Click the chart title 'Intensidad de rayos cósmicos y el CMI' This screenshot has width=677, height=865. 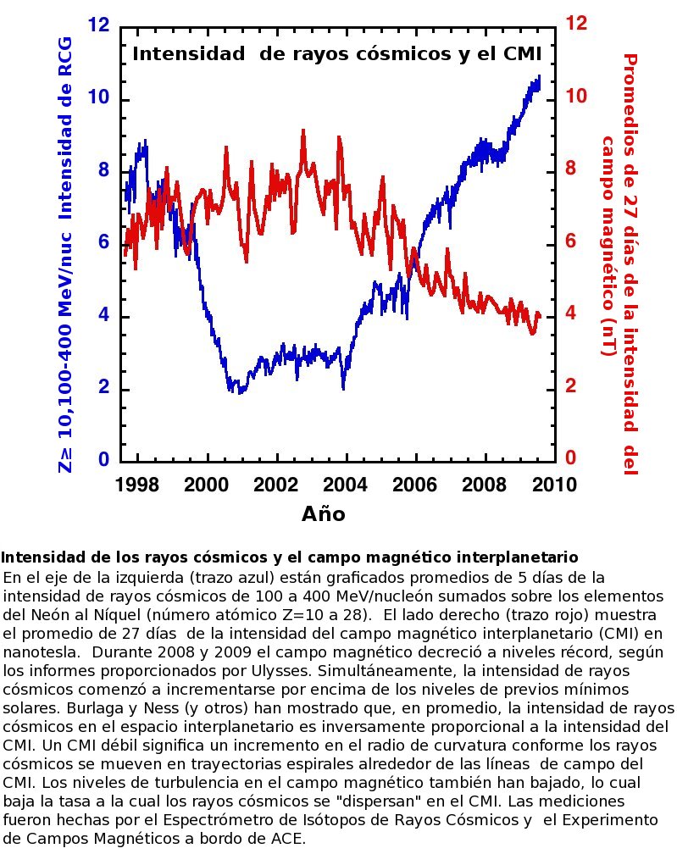[336, 55]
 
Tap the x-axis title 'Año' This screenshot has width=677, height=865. [323, 513]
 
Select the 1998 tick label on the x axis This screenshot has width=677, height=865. [137, 484]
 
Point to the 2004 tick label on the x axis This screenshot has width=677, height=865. [346, 484]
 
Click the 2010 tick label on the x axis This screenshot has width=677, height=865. [554, 484]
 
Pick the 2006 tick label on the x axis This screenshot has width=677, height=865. [415, 484]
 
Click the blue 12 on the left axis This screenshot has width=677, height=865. [97, 25]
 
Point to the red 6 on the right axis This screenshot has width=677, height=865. [571, 241]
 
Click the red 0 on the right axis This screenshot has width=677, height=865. [571, 458]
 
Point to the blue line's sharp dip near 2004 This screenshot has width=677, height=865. [343, 388]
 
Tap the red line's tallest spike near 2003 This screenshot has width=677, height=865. [303, 130]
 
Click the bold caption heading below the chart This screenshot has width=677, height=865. [290, 557]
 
